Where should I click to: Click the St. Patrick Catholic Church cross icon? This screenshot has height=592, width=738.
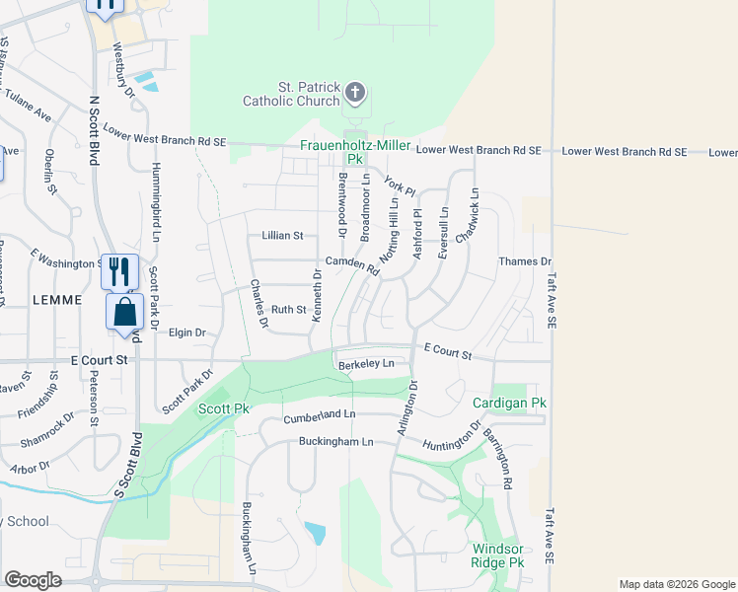click(x=354, y=94)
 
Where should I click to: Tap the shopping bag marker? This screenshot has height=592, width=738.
click(x=125, y=313)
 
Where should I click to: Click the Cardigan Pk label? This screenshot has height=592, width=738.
click(x=509, y=404)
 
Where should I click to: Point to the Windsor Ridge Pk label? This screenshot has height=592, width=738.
click(x=498, y=555)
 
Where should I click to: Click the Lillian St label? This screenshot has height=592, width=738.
click(x=282, y=236)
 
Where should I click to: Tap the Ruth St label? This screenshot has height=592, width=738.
click(x=289, y=309)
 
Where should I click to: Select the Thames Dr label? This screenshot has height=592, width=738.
click(x=525, y=261)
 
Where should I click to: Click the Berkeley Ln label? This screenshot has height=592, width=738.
click(x=366, y=363)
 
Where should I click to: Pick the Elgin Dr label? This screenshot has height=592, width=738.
click(x=186, y=333)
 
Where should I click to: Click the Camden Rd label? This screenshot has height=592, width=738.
click(x=352, y=264)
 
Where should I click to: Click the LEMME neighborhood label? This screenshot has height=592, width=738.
click(x=55, y=298)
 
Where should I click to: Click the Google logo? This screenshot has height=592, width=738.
click(x=33, y=580)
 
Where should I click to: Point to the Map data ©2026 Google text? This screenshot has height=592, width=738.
click(x=676, y=584)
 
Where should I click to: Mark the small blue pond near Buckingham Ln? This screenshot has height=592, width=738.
click(x=316, y=533)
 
